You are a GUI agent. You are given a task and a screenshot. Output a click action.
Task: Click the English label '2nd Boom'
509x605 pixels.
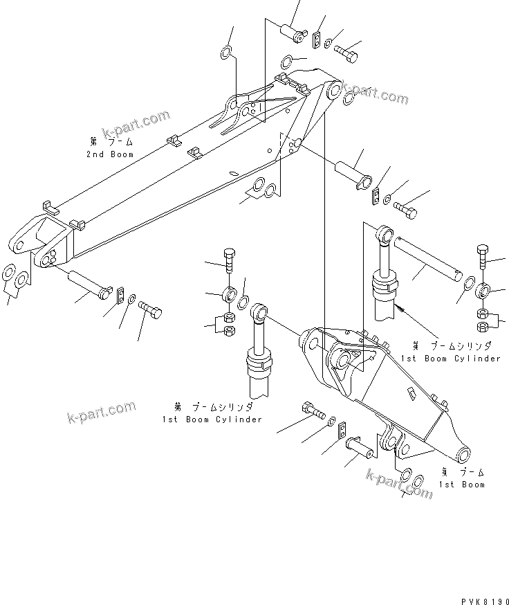[110, 154]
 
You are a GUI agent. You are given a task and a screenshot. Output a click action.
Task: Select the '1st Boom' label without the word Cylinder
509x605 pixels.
[463, 484]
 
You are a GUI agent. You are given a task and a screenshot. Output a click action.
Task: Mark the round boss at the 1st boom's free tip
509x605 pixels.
[463, 454]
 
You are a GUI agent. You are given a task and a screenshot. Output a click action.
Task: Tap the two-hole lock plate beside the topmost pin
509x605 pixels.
[317, 40]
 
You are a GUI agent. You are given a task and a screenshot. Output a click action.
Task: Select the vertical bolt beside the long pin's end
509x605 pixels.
[483, 257]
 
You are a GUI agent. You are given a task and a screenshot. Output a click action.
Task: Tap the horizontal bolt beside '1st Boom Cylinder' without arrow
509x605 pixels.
[313, 411]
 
